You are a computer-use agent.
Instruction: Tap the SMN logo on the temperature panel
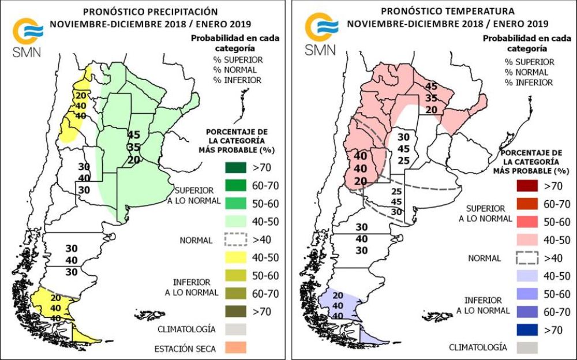click(320, 36)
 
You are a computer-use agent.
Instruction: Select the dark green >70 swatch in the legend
click(234, 168)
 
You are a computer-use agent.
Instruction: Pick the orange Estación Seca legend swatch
click(234, 347)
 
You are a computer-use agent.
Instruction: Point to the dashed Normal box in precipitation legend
click(234, 239)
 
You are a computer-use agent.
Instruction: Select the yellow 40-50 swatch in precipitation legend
click(234, 257)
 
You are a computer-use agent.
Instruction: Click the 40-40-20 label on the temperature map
click(361, 168)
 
